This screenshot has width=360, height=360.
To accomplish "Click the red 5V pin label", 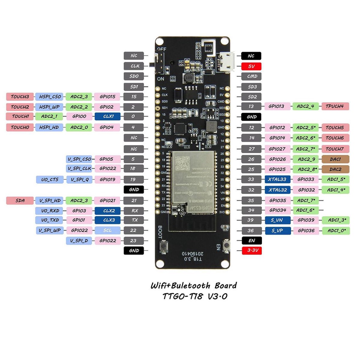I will coord(251,66).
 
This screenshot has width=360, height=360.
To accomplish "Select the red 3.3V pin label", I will coord(251,251).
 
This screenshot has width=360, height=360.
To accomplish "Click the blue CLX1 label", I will coord(107,117).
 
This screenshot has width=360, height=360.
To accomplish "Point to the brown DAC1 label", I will coord(335,159).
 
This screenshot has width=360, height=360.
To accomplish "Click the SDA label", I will coord(20,200).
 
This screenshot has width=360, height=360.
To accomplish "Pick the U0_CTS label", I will coord(50,180).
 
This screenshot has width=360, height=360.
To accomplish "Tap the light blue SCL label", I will coord(107,230).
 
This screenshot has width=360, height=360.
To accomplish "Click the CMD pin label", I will coord(251,76).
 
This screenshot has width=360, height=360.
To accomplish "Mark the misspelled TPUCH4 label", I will coord(335,106).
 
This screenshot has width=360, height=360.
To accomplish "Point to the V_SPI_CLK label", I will coord(79,168).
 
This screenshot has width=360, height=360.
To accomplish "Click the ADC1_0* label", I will coord(336,231).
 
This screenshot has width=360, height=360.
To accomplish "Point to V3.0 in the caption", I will coord(215,296).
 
